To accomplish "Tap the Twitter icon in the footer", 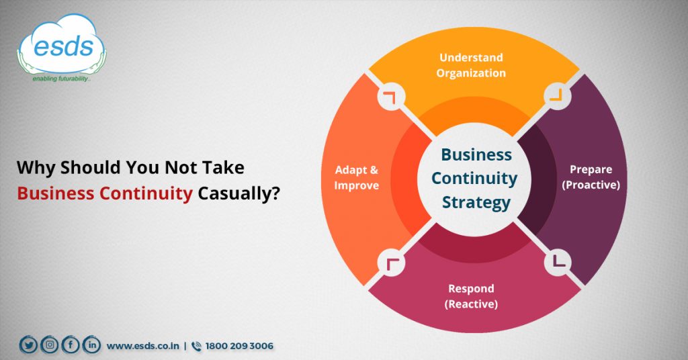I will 28,345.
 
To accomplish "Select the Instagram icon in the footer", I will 49,345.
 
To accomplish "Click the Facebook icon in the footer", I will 70,345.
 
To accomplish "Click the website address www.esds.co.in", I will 143,346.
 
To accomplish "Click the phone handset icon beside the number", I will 196,346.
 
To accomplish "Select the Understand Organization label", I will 470,65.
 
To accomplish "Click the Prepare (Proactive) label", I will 591,177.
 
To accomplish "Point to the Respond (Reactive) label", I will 471,296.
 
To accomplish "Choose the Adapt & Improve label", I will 357,177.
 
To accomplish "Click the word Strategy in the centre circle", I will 474,202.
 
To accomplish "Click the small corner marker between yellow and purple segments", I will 555,96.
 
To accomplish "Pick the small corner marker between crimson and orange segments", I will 390,262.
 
